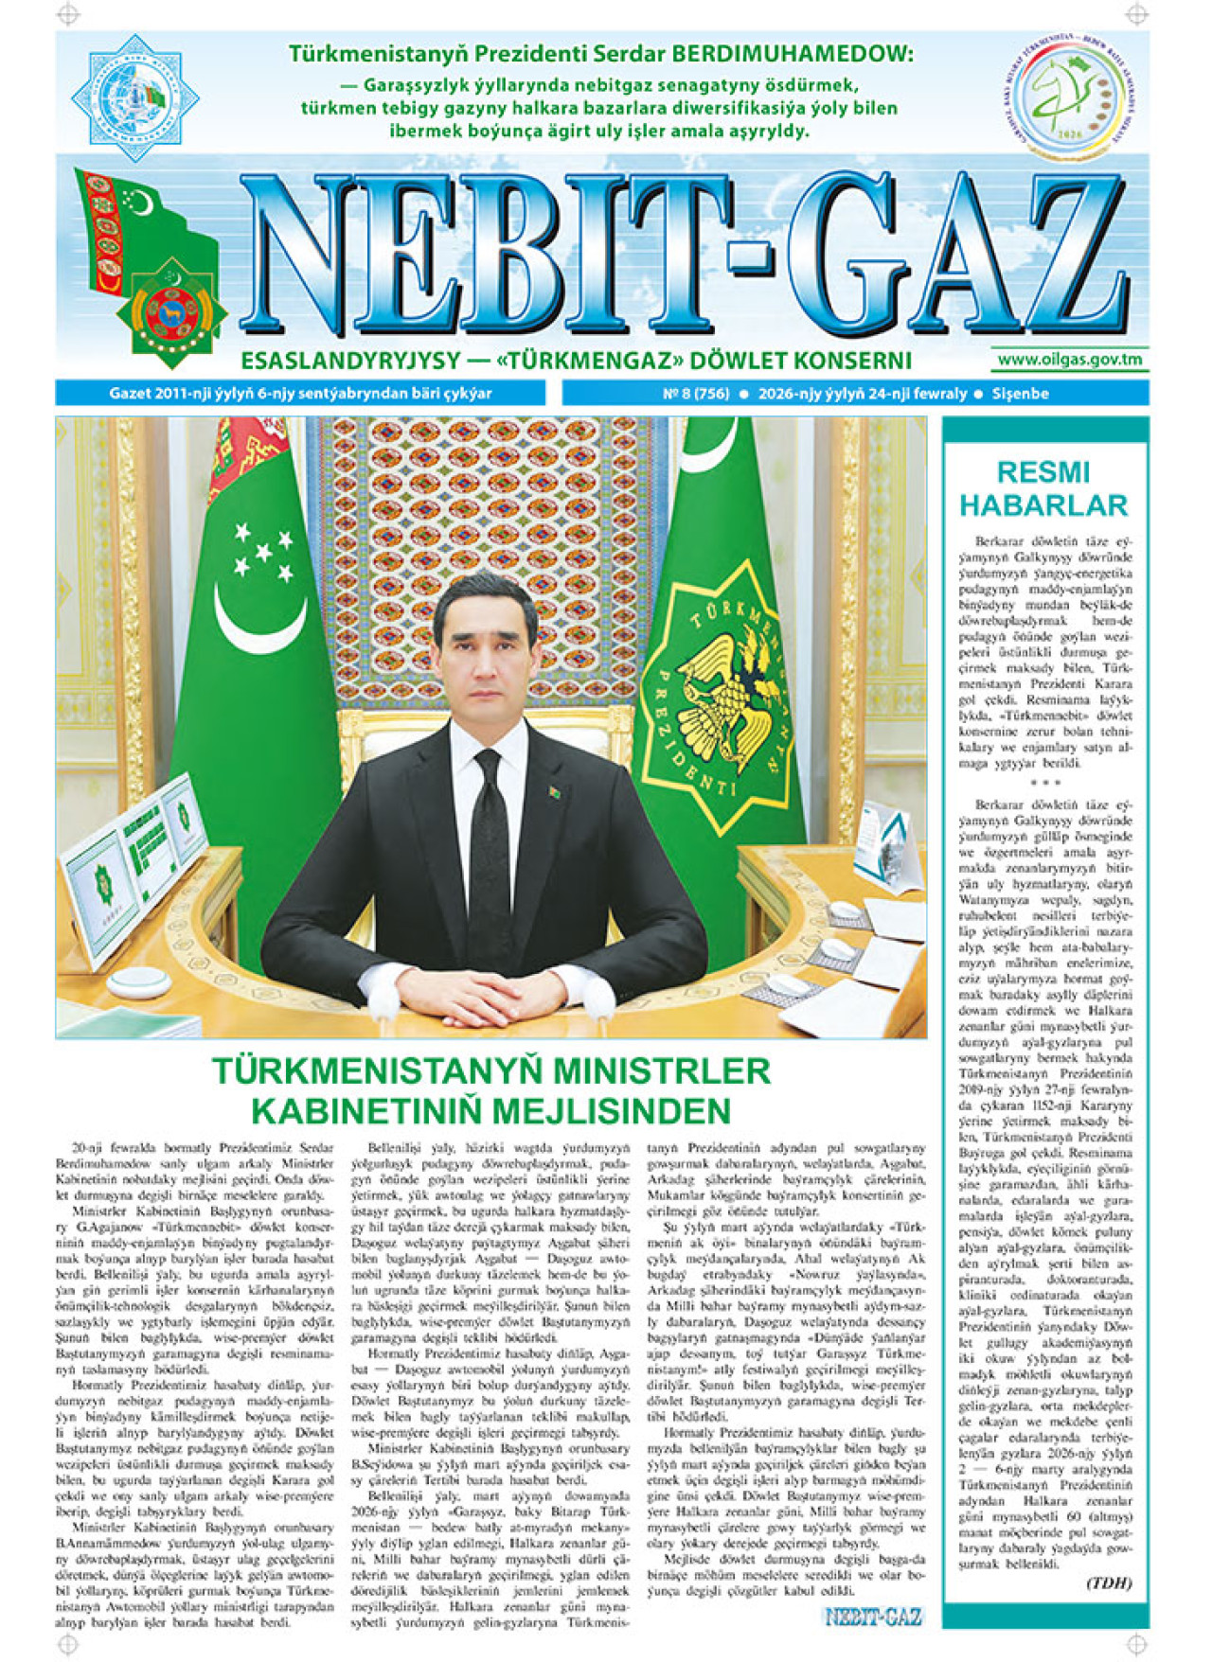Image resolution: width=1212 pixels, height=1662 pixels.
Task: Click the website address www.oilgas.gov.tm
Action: pyautogui.click(x=1069, y=360)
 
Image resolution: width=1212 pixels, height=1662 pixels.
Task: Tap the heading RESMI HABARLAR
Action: pyautogui.click(x=1043, y=488)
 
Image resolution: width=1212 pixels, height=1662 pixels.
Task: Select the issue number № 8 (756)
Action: pyautogui.click(x=695, y=394)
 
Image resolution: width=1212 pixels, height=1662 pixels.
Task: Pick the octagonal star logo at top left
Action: pyautogui.click(x=134, y=97)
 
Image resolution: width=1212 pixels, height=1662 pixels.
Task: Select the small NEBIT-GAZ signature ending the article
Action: pyautogui.click(x=872, y=1617)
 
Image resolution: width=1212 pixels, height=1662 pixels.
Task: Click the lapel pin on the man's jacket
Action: pyautogui.click(x=555, y=787)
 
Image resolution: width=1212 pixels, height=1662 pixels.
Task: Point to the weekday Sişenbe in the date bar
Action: pyautogui.click(x=1020, y=394)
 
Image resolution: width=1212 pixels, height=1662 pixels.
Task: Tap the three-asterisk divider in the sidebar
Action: pyautogui.click(x=1044, y=783)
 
